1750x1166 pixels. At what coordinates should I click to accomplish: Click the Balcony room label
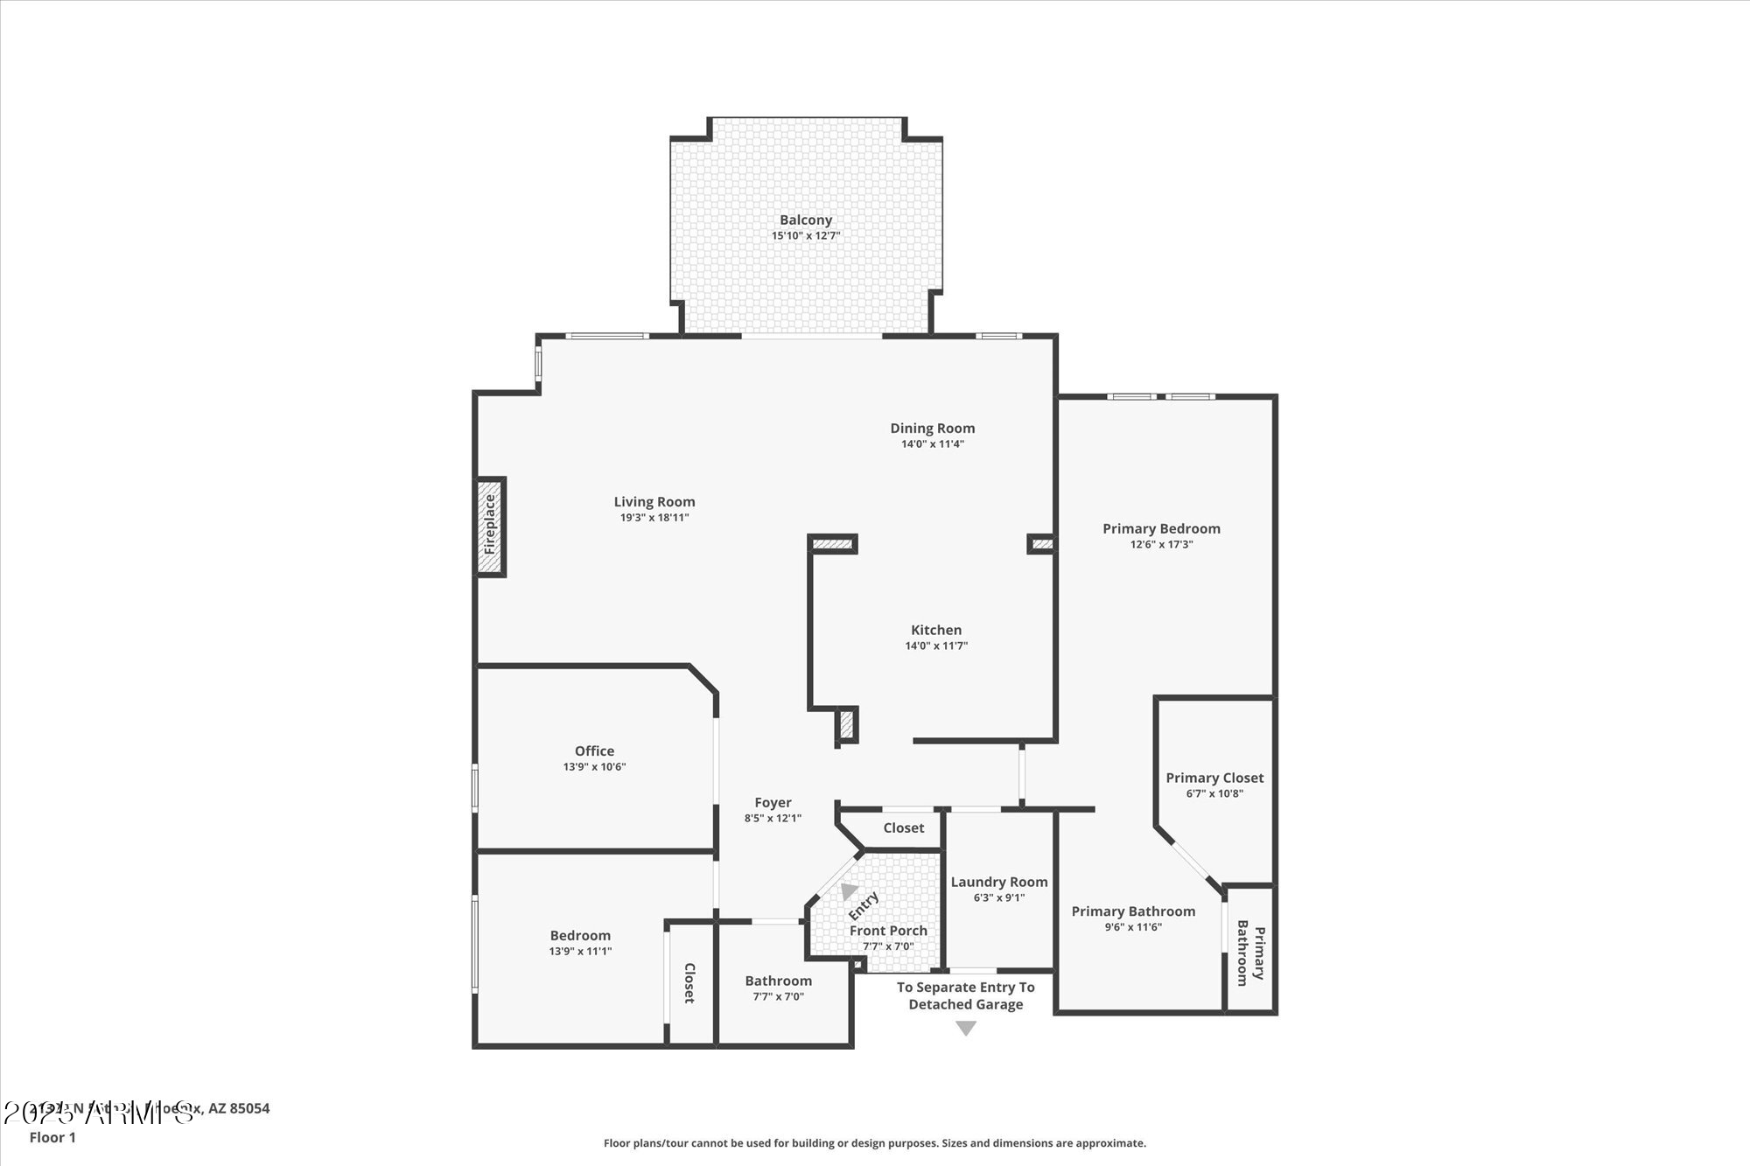[x=806, y=220]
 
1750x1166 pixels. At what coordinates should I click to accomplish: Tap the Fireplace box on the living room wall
[x=491, y=526]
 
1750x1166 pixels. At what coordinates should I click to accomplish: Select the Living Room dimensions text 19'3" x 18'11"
[x=654, y=518]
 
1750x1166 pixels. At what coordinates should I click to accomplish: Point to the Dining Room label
[x=932, y=428]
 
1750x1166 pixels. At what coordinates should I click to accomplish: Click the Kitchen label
[x=935, y=630]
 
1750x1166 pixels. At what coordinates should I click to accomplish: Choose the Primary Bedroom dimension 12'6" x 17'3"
[x=1161, y=544]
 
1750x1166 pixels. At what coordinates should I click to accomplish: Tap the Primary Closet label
[x=1214, y=778]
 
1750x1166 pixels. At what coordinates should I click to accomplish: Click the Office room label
[x=594, y=751]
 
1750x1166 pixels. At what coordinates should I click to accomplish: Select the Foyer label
[x=773, y=802]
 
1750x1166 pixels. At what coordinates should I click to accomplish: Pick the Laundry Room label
[x=999, y=882]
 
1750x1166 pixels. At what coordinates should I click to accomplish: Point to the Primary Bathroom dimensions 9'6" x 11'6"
[x=1133, y=927]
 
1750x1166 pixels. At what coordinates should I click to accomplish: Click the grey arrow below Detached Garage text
[x=965, y=1029]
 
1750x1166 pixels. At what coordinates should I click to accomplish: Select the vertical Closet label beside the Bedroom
[x=689, y=982]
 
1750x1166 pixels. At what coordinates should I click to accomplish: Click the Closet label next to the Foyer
[x=903, y=827]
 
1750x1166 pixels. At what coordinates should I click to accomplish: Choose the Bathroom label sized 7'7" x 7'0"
[x=778, y=981]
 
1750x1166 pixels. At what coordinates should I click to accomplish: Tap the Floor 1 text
[x=52, y=1137]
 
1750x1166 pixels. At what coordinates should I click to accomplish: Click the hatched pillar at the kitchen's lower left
[x=847, y=725]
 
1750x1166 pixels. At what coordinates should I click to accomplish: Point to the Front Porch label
[x=888, y=931]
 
